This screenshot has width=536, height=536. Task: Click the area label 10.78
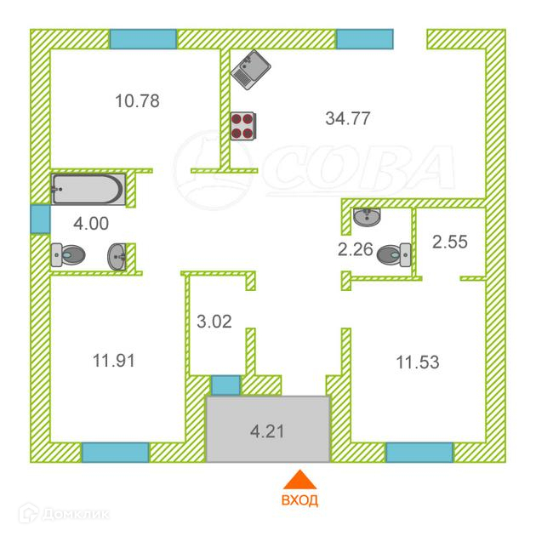tap(138, 101)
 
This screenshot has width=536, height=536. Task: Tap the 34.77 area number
tap(347, 118)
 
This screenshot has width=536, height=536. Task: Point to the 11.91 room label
tap(114, 360)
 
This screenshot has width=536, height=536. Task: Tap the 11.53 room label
tap(419, 363)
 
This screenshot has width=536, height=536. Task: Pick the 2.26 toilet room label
tap(356, 249)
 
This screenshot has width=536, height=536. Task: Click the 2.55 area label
tap(451, 242)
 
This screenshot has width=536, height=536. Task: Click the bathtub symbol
tap(88, 188)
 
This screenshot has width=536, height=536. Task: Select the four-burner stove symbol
tap(244, 126)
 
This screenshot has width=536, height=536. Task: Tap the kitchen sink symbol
tap(250, 66)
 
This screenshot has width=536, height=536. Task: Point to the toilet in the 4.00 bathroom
tap(67, 254)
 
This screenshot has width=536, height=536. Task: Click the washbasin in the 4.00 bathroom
tap(117, 254)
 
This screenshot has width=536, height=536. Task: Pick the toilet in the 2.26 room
tap(396, 252)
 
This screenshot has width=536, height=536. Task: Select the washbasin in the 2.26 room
tap(368, 217)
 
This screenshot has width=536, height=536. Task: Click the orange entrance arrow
tap(298, 479)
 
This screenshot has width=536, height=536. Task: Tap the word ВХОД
tap(299, 499)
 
